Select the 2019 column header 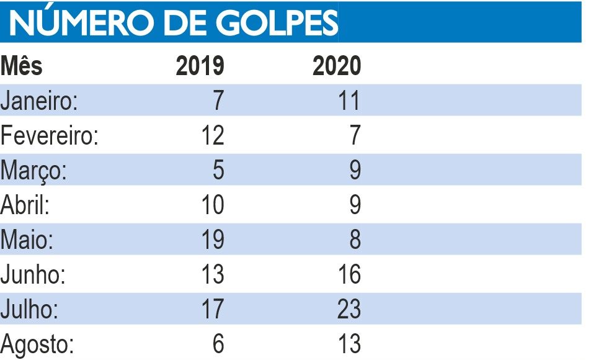[200, 66]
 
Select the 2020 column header [336, 66]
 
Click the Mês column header [22, 66]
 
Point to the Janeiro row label [39, 101]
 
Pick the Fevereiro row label [50, 135]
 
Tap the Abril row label [25, 205]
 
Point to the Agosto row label [38, 344]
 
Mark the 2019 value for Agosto [217, 344]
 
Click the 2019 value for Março [217, 170]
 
